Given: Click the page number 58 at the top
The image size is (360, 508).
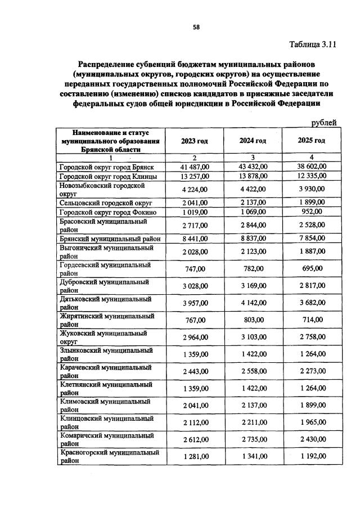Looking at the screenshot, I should pyautogui.click(x=196, y=26).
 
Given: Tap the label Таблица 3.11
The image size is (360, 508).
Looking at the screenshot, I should pyautogui.click(x=313, y=44).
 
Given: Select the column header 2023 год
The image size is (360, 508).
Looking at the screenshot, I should pyautogui.click(x=194, y=141).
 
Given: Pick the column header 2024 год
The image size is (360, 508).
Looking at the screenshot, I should pyautogui.click(x=253, y=141).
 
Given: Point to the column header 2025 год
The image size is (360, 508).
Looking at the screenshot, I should pyautogui.click(x=311, y=141).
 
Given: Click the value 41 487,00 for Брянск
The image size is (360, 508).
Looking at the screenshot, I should pyautogui.click(x=195, y=167).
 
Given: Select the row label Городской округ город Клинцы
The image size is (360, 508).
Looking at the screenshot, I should pyautogui.click(x=109, y=176).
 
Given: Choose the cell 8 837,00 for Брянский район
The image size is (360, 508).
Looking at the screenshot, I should pyautogui.click(x=253, y=238).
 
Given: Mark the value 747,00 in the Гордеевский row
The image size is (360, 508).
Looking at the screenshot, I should pyautogui.click(x=195, y=269).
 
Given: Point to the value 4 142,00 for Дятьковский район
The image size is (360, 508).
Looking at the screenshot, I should pyautogui.click(x=253, y=303).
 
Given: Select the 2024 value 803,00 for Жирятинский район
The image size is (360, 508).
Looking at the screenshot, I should pyautogui.click(x=253, y=320).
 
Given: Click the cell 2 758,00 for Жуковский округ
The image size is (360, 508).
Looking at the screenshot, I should pyautogui.click(x=311, y=337).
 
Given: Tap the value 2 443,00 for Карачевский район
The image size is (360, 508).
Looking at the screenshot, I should pyautogui.click(x=195, y=371).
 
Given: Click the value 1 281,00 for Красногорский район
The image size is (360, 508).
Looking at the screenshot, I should pyautogui.click(x=195, y=456).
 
